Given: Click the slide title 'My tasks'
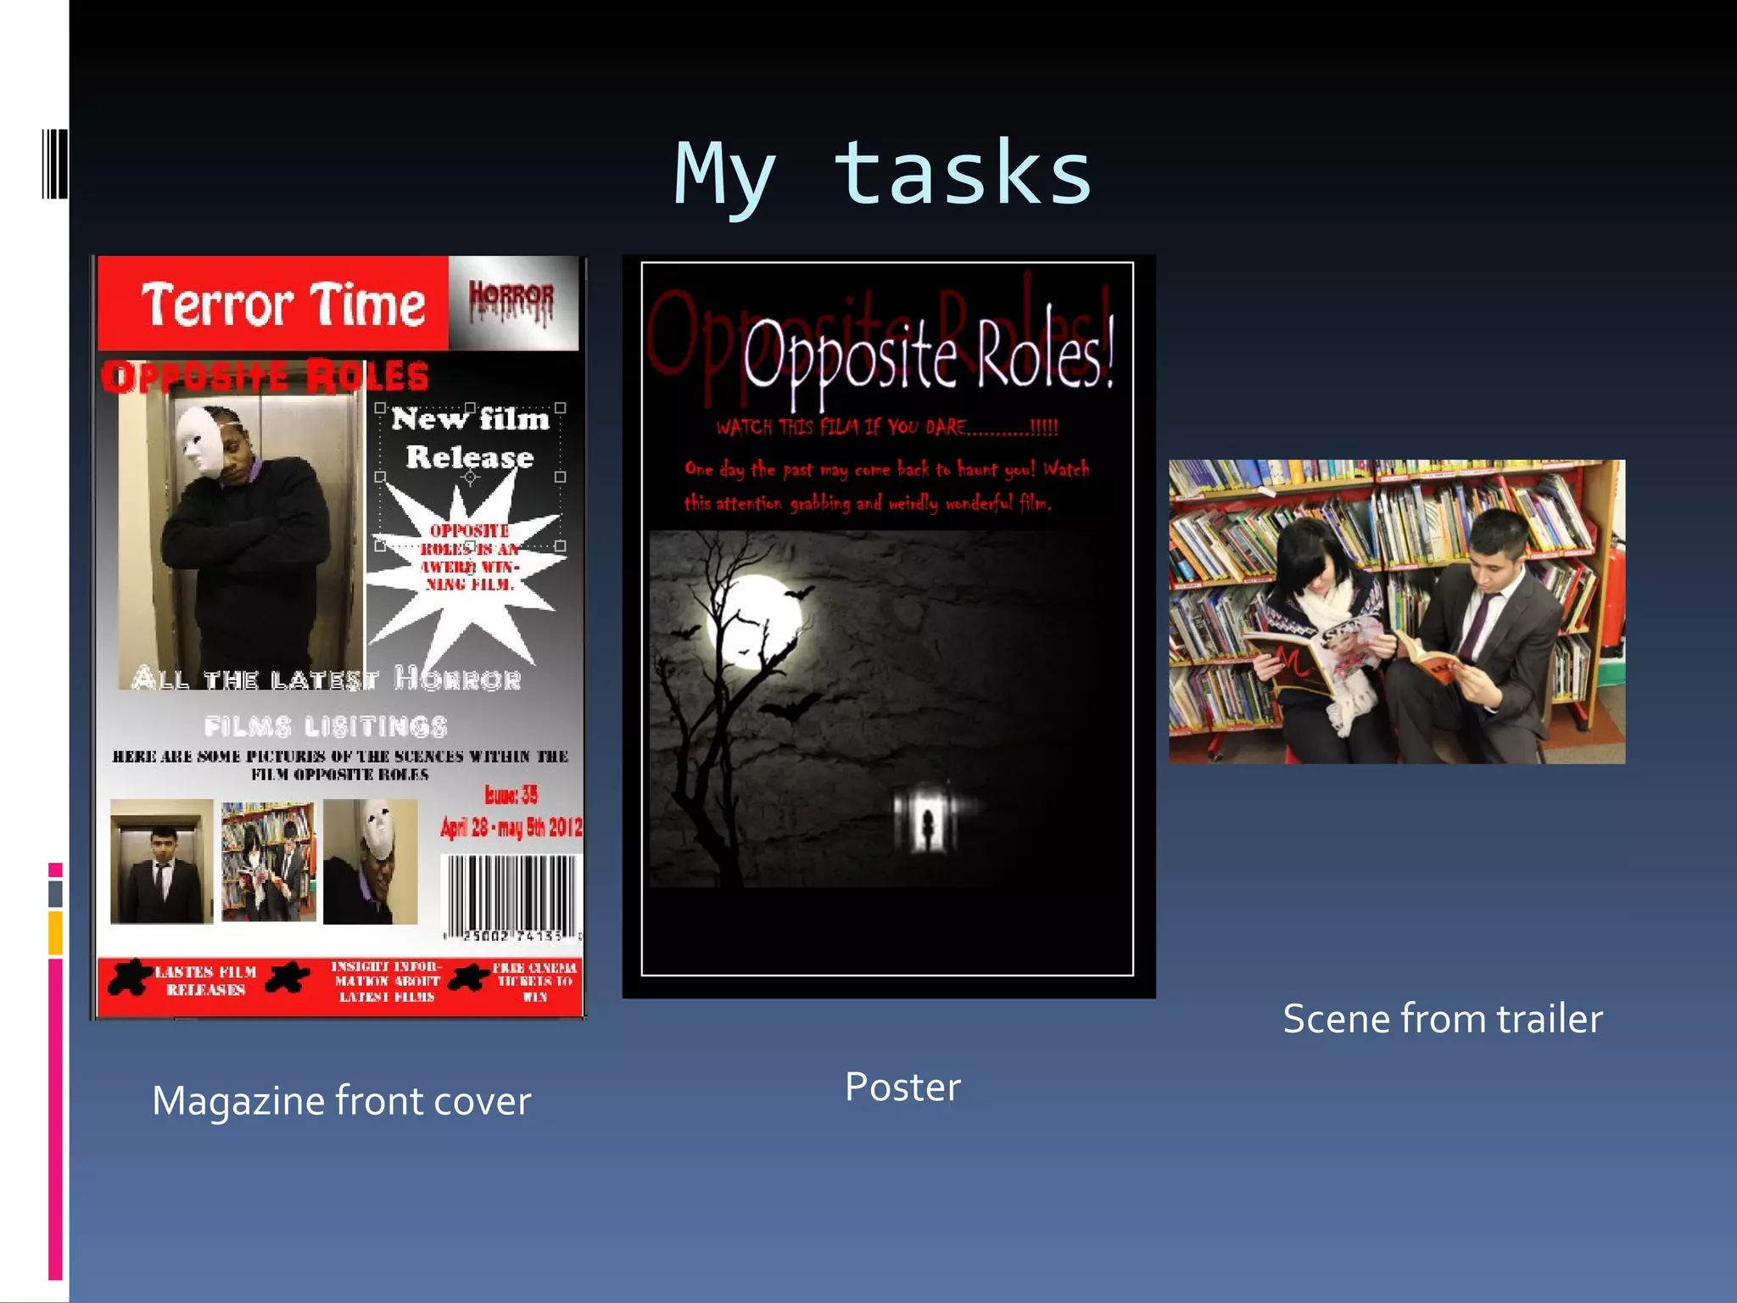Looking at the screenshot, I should tap(883, 174).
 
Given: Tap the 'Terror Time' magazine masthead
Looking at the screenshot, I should tap(282, 305).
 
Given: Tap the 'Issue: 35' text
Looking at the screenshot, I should tap(511, 794).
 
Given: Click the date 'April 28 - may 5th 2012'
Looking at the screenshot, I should tap(511, 827).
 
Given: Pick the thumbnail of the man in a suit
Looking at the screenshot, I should tap(161, 861).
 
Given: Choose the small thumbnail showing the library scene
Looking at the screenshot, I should tap(268, 861).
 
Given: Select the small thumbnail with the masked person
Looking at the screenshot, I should tap(371, 861).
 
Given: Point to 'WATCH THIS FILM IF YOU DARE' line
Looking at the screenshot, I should tap(887, 427).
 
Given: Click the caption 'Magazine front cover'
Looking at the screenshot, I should tap(341, 1100).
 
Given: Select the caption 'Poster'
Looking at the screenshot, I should tap(902, 1087).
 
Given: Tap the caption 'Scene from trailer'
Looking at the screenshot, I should tap(1442, 1018).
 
